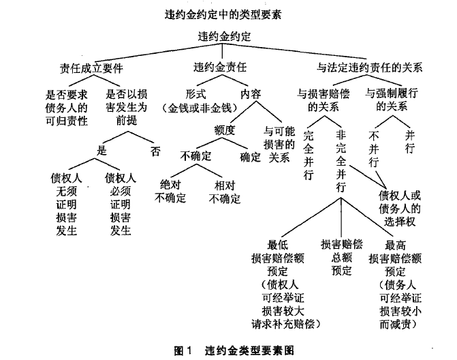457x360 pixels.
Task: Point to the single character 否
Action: coord(156,151)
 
